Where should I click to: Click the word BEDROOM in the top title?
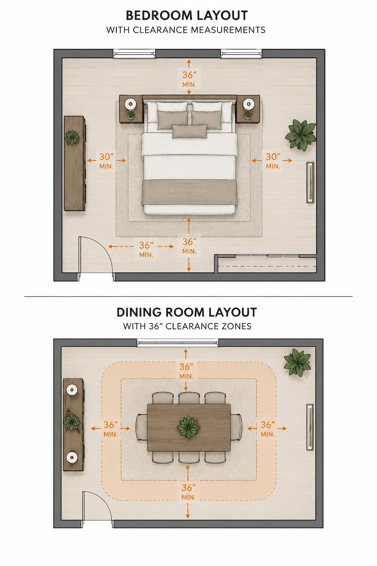pos(159,15)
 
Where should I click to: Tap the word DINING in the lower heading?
pos(139,312)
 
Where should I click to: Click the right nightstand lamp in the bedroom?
pos(248,104)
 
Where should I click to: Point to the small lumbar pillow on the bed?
pos(190,131)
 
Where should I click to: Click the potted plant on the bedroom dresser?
pos(72,138)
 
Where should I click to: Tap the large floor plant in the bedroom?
pos(301,134)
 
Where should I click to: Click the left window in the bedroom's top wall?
pos(134,54)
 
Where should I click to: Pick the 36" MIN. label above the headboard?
pos(189,79)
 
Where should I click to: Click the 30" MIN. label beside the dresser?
pos(106,161)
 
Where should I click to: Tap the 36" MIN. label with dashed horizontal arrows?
pos(146,249)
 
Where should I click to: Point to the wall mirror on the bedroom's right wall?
pos(310,182)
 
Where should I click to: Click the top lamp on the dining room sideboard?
pos(72,390)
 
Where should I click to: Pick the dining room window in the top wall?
pos(178,343)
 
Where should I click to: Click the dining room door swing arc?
pos(101,503)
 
